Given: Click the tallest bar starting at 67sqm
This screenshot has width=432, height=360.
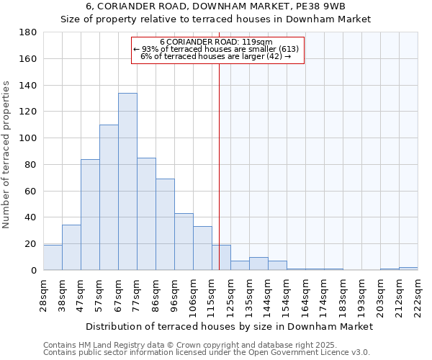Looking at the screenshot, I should click(x=127, y=181).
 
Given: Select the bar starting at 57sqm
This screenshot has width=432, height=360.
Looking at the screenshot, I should click(x=109, y=197).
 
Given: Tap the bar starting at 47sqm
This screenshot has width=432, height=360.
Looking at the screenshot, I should click(x=90, y=215).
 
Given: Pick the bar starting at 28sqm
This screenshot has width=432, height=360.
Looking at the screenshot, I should click(x=53, y=258).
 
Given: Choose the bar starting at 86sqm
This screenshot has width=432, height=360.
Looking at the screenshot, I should click(x=165, y=225).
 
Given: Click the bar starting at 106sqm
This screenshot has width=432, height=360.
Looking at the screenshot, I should click(x=202, y=248).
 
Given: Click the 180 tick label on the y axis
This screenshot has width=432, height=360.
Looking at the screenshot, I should click(x=28, y=32).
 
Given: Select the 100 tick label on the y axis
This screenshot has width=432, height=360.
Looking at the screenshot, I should click(x=28, y=138).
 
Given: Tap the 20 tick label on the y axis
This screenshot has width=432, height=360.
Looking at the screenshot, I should click(x=31, y=244).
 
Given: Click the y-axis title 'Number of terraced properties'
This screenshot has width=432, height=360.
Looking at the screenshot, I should click(x=6, y=155).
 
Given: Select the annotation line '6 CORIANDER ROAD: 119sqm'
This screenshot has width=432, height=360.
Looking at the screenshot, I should click(x=216, y=42).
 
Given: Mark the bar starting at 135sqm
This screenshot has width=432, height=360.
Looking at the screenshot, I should click(x=258, y=264).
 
